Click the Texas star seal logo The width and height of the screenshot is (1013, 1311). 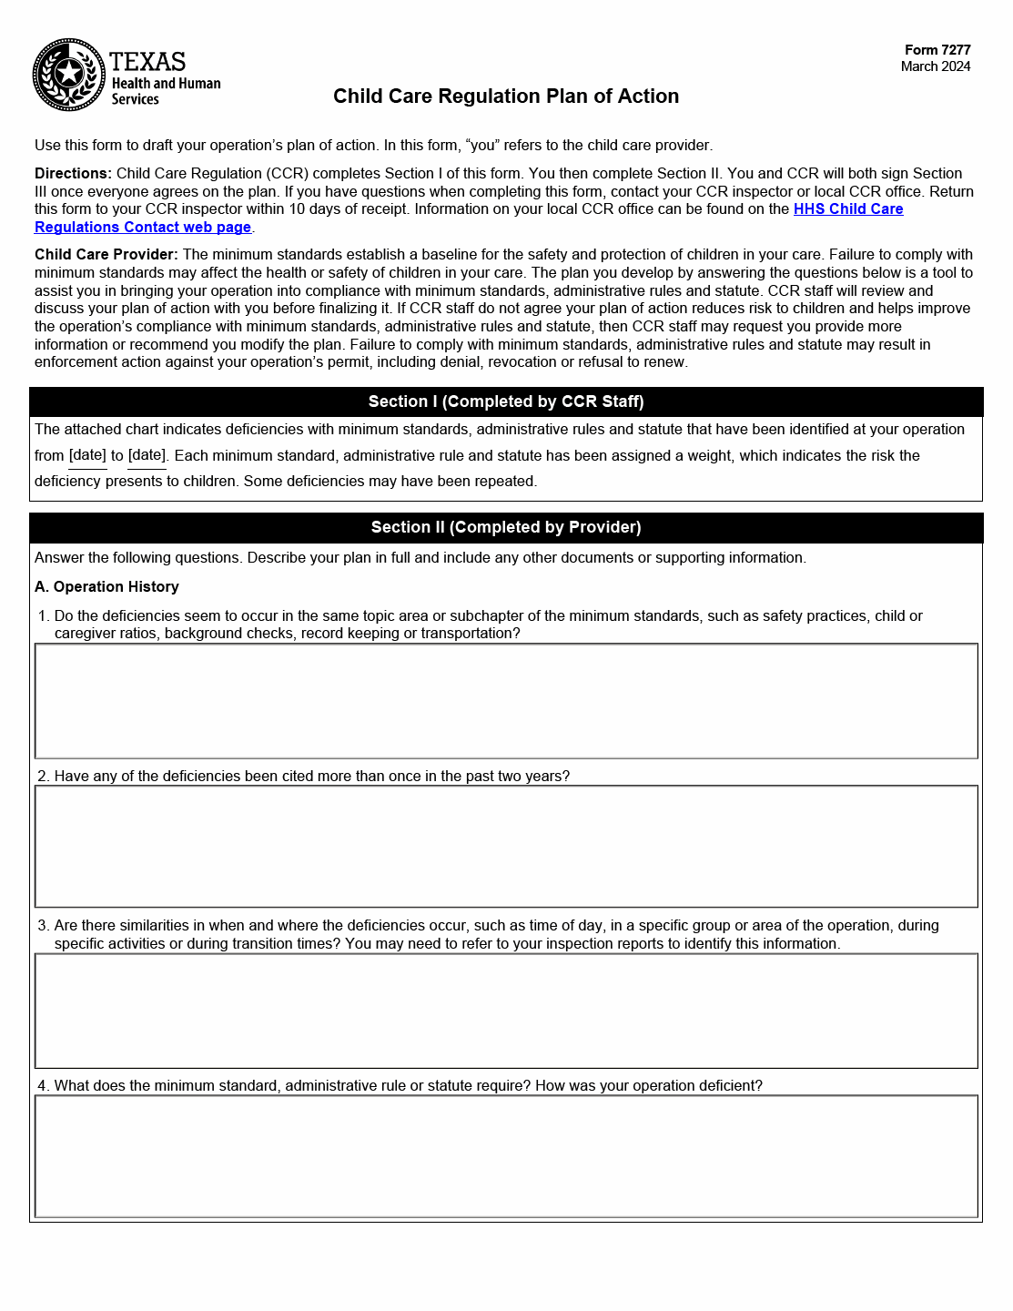(x=69, y=75)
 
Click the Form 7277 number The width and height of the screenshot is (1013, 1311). (x=937, y=50)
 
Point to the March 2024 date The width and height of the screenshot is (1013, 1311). (x=935, y=66)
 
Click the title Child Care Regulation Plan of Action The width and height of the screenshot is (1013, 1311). (x=505, y=97)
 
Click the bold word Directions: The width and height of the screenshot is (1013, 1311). (x=73, y=174)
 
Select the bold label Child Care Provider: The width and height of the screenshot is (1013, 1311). (x=106, y=255)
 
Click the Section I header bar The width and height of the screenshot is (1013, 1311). (x=505, y=401)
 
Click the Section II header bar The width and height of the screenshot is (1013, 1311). (x=505, y=527)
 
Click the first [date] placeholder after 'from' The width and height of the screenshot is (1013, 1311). (x=87, y=455)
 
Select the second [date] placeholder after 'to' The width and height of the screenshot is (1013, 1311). (x=147, y=455)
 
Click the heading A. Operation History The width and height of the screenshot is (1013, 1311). (x=106, y=587)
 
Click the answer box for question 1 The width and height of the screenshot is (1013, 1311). (x=505, y=701)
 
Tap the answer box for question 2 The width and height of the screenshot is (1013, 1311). (x=505, y=847)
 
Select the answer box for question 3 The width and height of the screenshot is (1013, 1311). (x=505, y=1011)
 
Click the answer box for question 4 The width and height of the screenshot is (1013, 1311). (x=505, y=1156)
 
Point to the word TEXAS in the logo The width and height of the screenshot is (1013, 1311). (x=147, y=62)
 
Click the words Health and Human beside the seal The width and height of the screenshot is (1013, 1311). (x=166, y=84)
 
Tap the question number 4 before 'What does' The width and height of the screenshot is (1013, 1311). (x=42, y=1086)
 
